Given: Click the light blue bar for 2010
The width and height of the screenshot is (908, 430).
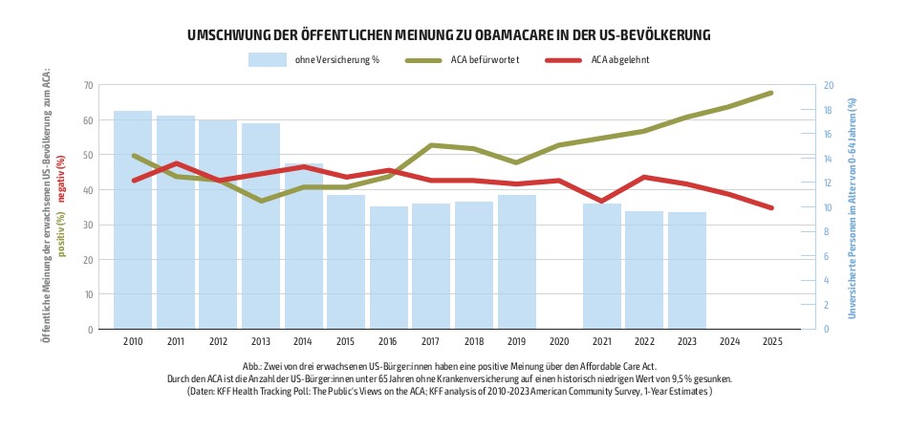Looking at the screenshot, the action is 133,220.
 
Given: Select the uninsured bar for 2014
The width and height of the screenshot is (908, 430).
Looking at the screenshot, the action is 303,246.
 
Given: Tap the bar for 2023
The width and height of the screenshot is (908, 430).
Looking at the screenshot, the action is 687,270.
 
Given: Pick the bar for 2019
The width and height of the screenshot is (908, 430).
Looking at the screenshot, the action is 517,262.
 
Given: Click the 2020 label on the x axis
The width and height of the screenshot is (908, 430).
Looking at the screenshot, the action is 560,342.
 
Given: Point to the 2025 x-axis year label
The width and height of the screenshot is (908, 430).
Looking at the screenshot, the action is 772,342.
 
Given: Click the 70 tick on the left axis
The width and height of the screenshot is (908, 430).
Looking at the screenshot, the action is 88,85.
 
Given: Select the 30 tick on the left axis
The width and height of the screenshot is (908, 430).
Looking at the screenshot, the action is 88,225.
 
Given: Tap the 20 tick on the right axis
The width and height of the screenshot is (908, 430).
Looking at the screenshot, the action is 828,85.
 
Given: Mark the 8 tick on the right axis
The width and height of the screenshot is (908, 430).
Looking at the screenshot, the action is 826,231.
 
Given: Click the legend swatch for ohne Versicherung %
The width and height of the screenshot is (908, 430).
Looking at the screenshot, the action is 268,59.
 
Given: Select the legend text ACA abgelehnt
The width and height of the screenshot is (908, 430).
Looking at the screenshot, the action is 620,59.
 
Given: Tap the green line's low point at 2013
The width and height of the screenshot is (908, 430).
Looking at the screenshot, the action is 261,201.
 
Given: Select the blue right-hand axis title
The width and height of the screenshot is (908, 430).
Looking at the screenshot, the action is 853,208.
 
